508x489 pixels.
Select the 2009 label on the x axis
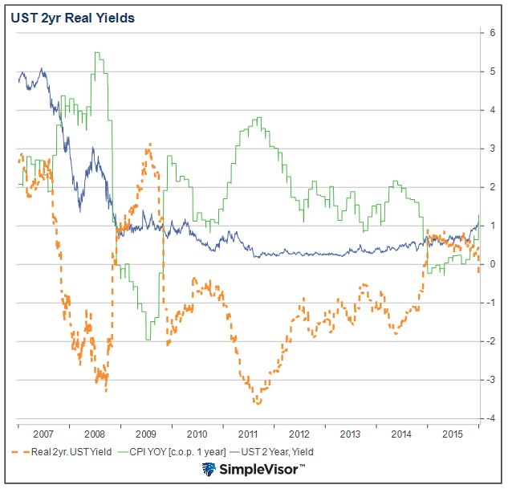145,433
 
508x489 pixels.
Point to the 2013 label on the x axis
350,433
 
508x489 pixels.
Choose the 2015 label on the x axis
453,433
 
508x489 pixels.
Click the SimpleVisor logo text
262,469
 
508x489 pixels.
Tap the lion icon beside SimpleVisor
209,470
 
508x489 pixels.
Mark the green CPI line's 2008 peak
96,53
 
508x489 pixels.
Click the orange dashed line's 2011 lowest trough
258,402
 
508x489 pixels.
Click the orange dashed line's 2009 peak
148,145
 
